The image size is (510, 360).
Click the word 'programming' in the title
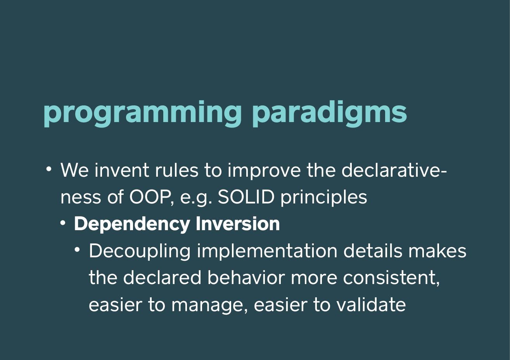[x=142, y=114]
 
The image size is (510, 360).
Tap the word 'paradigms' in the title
[x=330, y=114]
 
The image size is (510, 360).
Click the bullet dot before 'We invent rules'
[x=48, y=169]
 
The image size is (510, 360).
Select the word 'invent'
[x=122, y=170]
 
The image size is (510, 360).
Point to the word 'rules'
[x=177, y=170]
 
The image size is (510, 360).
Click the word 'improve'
[x=264, y=171]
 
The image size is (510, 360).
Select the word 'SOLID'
[x=246, y=197]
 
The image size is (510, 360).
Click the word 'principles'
[x=323, y=198]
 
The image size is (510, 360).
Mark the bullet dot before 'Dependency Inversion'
[x=63, y=223]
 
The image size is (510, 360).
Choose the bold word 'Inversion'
[x=238, y=224]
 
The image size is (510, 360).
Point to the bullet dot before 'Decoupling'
[x=77, y=250]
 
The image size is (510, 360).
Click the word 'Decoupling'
[x=140, y=251]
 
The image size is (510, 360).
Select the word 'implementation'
[x=267, y=251]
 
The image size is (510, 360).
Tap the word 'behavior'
[x=246, y=277]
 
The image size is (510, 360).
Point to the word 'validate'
[x=371, y=304]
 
